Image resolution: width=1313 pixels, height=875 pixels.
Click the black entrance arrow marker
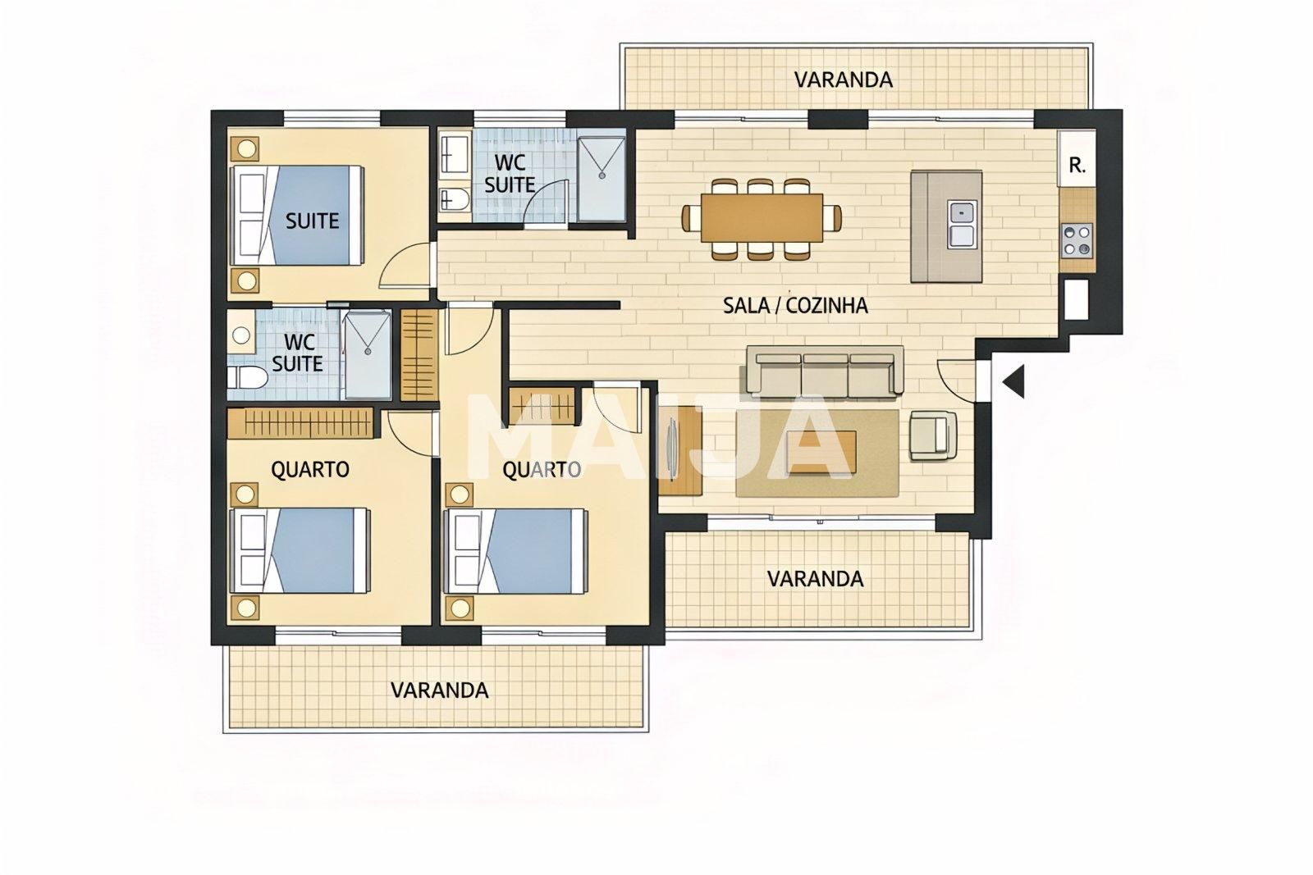pos(1015,381)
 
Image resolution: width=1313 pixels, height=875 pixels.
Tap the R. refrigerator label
pos(1077,166)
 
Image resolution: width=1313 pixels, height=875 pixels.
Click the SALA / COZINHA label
pos(794,306)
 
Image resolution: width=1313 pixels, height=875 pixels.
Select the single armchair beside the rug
pos(932,434)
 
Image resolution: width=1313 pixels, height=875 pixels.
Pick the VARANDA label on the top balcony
pos(843,80)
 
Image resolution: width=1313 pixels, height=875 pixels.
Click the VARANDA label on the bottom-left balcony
pos(439,690)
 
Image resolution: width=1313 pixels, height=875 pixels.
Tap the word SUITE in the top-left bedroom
pos(312,221)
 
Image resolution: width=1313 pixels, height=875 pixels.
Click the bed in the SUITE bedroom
pos(300,215)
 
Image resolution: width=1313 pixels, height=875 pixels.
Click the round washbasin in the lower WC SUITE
pos(240,335)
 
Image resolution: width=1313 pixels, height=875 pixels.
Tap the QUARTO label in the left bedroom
pos(310,469)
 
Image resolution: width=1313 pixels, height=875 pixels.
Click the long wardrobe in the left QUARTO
pos(300,424)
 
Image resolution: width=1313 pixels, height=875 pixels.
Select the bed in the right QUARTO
pos(517,551)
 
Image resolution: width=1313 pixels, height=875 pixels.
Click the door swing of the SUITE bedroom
pos(406,267)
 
